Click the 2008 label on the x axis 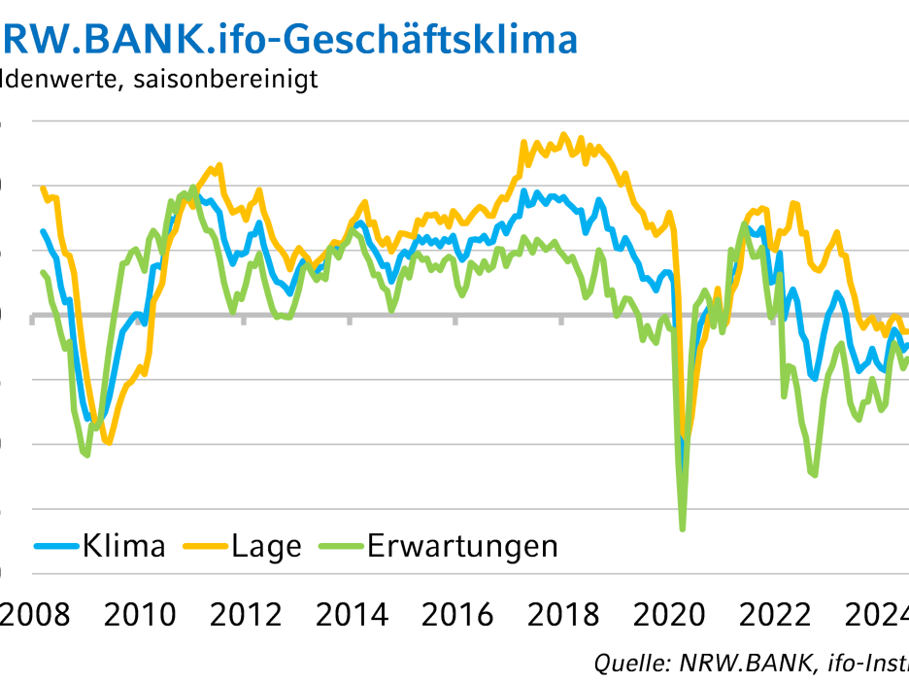[x=35, y=615]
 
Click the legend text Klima [x=123, y=546]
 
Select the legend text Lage [x=266, y=546]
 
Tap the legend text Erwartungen [x=462, y=546]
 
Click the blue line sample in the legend [x=56, y=546]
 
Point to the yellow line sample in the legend [x=205, y=546]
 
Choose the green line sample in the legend [x=341, y=546]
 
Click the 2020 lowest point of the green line [x=683, y=529]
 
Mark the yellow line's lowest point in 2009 [x=108, y=443]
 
